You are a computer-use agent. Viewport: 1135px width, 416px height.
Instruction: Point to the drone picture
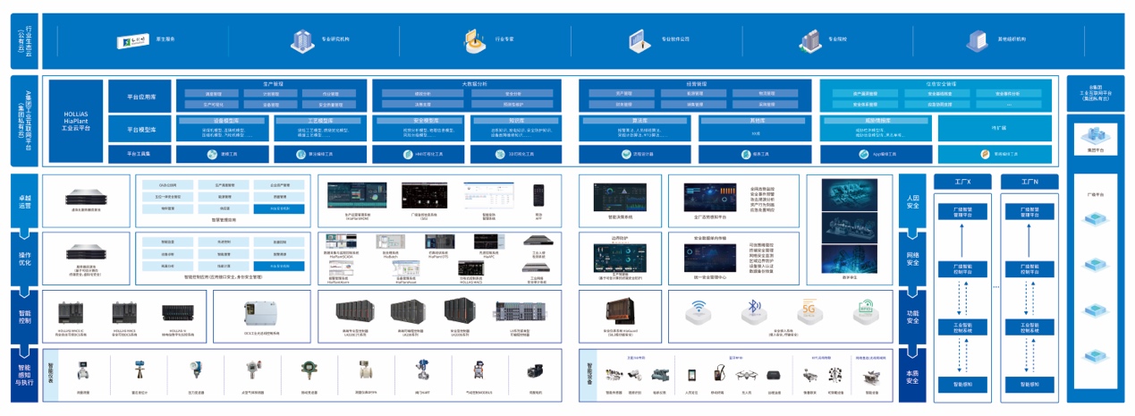pyautogui.click(x=748, y=375)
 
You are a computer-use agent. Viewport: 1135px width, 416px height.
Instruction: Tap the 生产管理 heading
pyautogui.click(x=273, y=83)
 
